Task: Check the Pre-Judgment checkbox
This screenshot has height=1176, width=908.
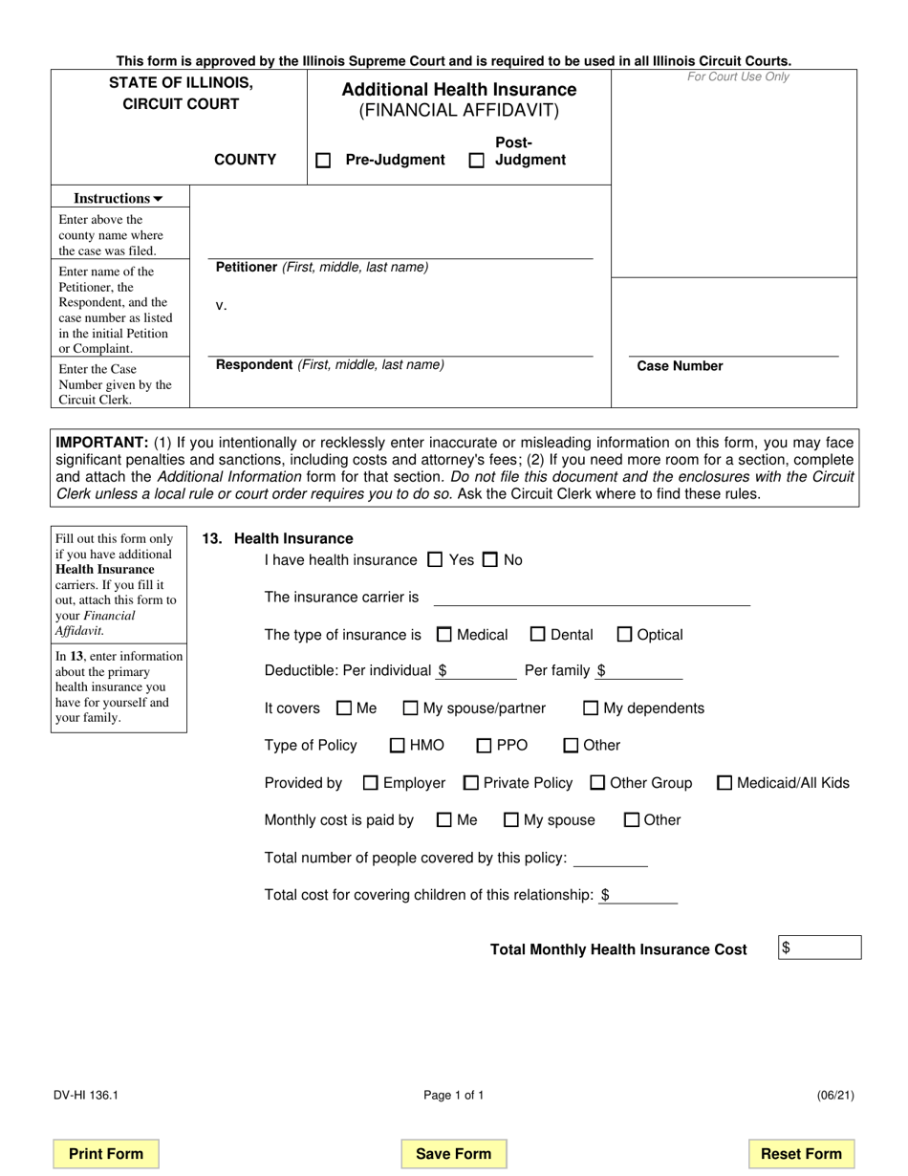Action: pos(323,161)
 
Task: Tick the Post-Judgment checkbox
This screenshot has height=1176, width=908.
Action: pos(476,161)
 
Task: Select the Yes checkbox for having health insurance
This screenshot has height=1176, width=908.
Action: pos(435,560)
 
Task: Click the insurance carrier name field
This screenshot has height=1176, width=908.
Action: pos(592,597)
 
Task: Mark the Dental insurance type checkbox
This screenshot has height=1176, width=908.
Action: pos(537,634)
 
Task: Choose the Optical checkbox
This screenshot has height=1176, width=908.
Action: pos(624,634)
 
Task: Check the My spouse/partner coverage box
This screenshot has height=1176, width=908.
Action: pos(410,708)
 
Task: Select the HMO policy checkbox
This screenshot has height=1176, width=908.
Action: pos(398,746)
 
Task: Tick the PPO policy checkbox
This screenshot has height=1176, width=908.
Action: pos(484,746)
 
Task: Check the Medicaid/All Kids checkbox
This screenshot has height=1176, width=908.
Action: pos(724,783)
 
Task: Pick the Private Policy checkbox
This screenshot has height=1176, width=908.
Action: pos(470,783)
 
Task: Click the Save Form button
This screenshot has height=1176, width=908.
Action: pos(453,1154)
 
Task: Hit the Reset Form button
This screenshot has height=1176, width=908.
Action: pos(801,1154)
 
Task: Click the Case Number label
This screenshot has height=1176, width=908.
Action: pos(680,366)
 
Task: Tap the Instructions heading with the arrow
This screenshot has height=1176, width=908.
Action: pos(119,199)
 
